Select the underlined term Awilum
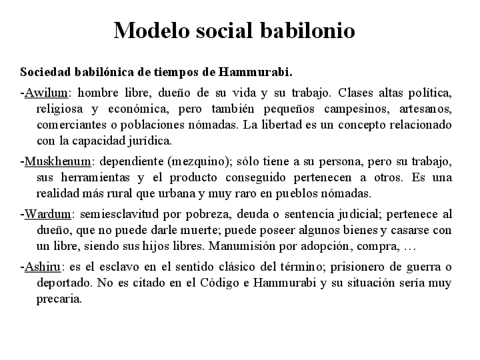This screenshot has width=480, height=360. tap(46, 93)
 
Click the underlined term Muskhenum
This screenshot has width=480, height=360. tap(57, 162)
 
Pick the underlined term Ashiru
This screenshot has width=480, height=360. tap(44, 268)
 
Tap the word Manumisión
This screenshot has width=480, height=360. tap(243, 247)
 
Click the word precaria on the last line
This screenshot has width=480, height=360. tap(59, 299)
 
